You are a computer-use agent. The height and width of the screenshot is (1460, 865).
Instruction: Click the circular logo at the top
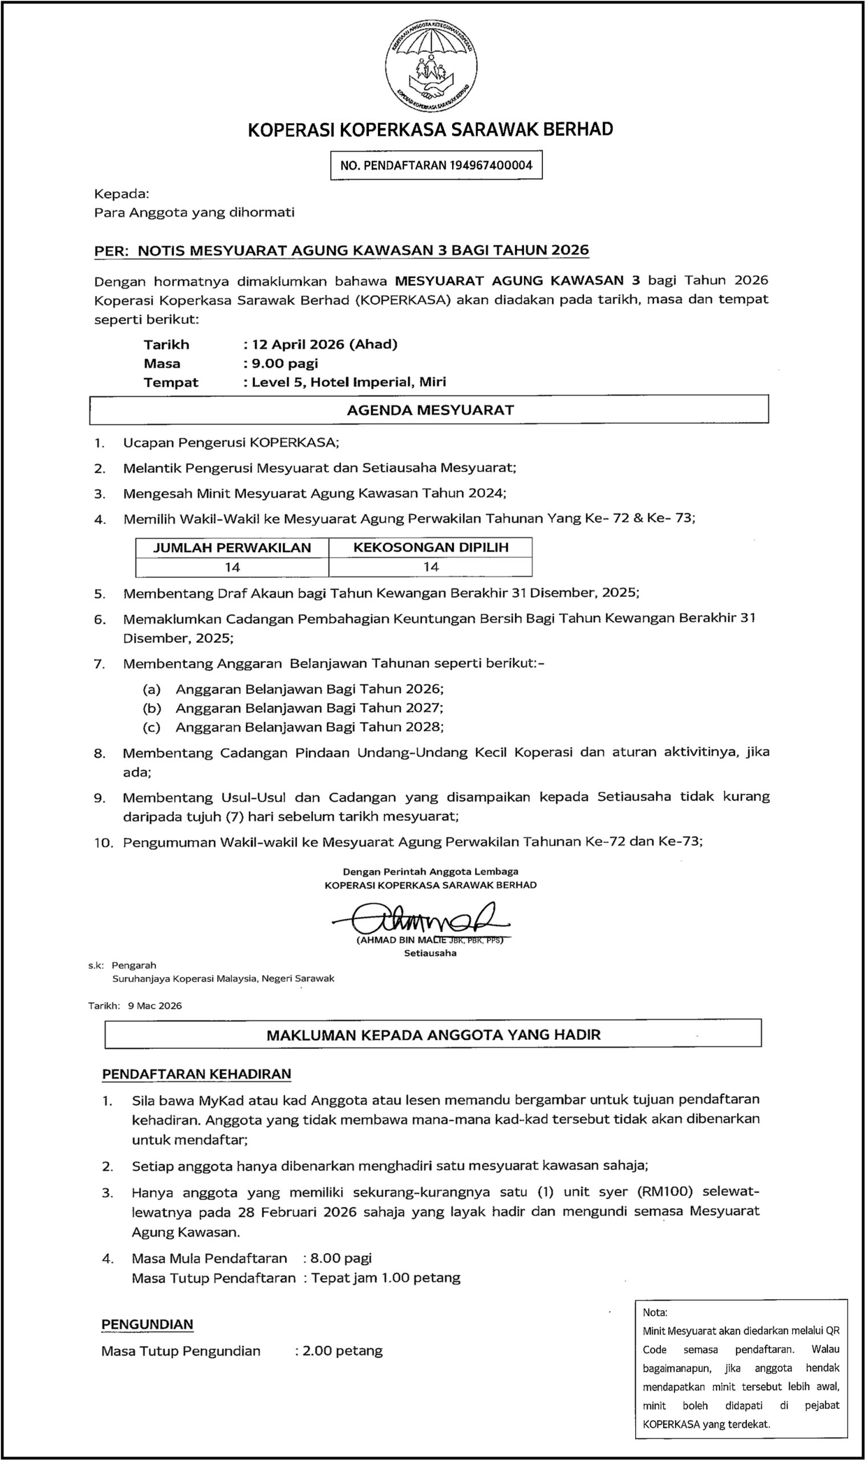click(x=431, y=68)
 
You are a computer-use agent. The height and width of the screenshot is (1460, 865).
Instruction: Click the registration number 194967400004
click(x=491, y=165)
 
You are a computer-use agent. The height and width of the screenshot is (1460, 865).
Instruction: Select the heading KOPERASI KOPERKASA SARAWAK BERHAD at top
click(x=430, y=129)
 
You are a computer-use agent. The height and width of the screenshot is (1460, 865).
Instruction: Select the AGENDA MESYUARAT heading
click(x=430, y=410)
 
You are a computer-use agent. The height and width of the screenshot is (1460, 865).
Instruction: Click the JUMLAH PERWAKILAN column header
click(x=232, y=548)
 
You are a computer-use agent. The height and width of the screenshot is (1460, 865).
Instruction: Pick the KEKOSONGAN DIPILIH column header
click(x=431, y=547)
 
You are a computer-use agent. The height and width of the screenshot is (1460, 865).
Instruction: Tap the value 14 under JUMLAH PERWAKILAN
click(x=232, y=567)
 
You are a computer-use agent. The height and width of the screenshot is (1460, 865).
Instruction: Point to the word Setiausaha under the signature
click(x=430, y=954)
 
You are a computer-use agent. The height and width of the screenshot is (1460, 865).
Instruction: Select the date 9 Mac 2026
click(x=155, y=1005)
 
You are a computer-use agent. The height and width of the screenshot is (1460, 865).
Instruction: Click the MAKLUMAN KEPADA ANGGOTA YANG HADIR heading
click(x=433, y=1035)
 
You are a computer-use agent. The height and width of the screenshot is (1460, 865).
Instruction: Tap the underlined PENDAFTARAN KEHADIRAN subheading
click(x=196, y=1074)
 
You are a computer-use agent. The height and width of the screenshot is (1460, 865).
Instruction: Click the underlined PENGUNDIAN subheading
click(x=147, y=1325)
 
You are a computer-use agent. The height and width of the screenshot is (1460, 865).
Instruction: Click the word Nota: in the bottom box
click(x=655, y=1312)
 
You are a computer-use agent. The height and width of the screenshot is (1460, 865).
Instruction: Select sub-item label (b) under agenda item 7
click(x=152, y=708)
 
